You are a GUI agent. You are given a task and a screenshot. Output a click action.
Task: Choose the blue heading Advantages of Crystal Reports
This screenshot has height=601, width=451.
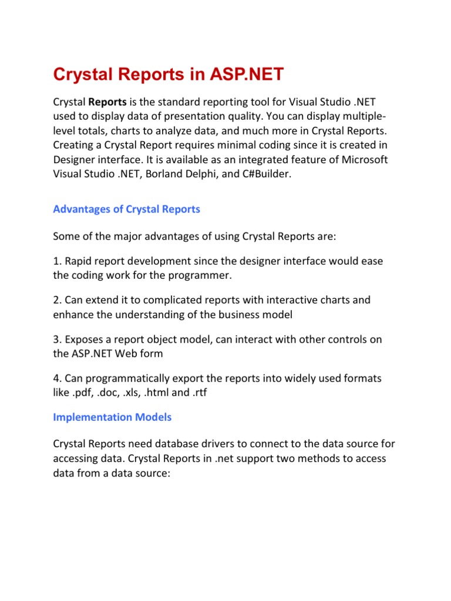(x=126, y=210)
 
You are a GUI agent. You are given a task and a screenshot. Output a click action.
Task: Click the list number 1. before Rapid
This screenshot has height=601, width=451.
(x=57, y=261)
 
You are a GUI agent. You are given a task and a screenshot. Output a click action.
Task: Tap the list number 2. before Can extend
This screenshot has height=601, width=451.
(x=57, y=300)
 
